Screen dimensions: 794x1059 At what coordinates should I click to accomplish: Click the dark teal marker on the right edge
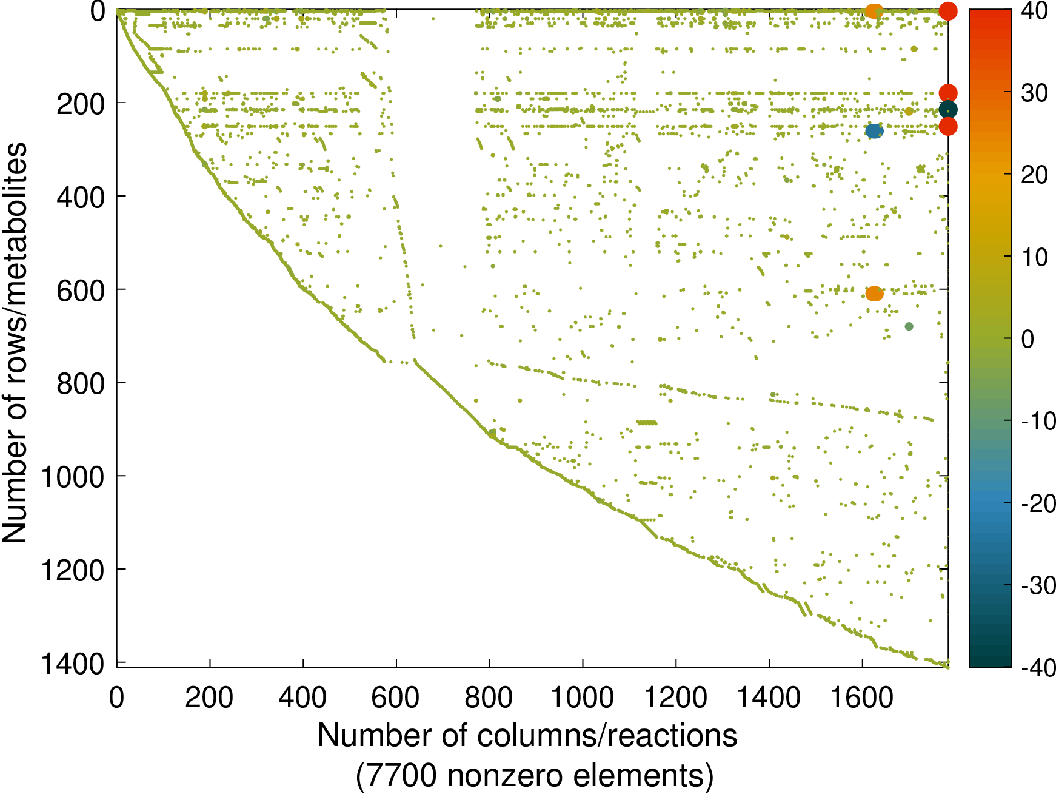(948, 110)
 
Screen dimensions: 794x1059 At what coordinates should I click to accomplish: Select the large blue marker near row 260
(874, 131)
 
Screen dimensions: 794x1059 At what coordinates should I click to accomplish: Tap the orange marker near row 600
(874, 294)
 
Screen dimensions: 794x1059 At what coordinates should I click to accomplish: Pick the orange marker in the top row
(874, 10)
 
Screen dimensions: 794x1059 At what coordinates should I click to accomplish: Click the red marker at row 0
(948, 10)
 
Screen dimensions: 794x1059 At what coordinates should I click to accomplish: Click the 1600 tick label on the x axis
(862, 698)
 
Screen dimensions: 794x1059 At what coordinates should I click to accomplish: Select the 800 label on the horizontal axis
(489, 698)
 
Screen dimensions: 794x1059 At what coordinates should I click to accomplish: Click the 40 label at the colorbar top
(1034, 11)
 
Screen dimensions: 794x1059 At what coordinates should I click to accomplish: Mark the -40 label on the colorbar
(1038, 668)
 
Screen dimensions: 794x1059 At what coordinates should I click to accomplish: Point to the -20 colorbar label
(1038, 503)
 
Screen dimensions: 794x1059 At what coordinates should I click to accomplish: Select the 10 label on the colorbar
(1034, 257)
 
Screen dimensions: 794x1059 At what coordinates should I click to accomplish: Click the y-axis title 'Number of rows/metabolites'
(15, 343)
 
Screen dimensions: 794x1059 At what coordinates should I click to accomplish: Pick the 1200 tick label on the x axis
(675, 698)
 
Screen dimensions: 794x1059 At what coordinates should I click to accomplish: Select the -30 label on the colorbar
(1038, 586)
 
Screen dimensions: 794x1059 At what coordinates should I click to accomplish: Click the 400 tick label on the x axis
(302, 698)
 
